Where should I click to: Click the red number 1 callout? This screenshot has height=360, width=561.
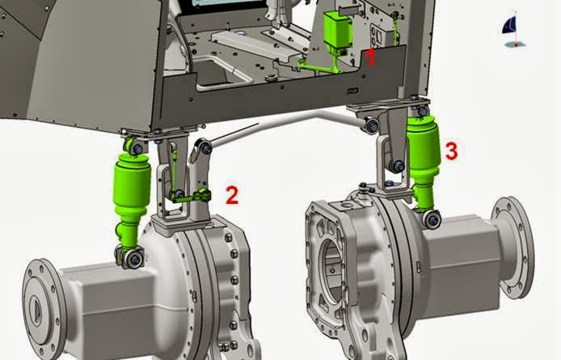[371, 57]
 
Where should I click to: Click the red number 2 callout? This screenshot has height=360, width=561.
[232, 195]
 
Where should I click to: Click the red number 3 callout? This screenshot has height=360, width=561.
[452, 150]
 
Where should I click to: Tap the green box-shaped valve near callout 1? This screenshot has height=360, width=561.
[338, 31]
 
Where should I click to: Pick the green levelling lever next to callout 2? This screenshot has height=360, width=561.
[191, 196]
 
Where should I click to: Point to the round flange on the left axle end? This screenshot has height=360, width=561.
[44, 308]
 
